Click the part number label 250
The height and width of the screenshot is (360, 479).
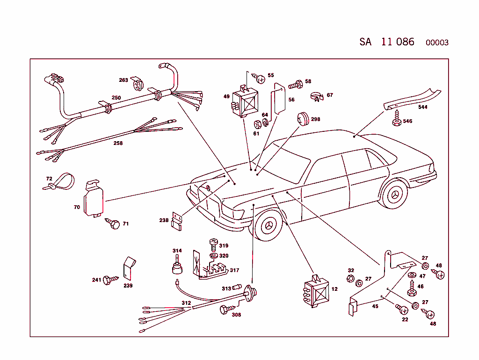(x=116, y=98)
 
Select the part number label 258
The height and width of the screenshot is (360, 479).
(x=118, y=143)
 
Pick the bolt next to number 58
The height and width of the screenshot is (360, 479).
(x=295, y=85)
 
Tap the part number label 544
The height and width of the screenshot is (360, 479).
(x=423, y=107)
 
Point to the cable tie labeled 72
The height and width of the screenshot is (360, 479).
(x=61, y=181)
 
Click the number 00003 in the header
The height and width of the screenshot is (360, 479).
(x=437, y=43)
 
